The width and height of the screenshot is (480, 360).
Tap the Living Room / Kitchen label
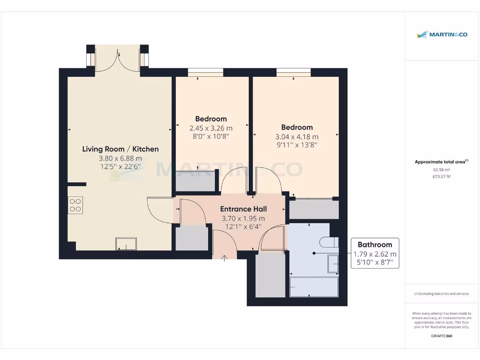click(x=120, y=149)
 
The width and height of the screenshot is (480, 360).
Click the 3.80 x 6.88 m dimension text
click(x=120, y=158)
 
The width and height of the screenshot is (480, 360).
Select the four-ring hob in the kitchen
click(x=75, y=204)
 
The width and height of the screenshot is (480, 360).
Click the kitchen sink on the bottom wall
click(x=126, y=244)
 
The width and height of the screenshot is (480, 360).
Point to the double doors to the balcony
click(x=117, y=60)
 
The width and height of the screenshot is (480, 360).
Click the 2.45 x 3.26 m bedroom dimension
click(x=211, y=128)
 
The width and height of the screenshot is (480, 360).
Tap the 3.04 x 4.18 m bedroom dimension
click(x=297, y=136)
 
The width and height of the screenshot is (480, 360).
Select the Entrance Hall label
click(x=243, y=209)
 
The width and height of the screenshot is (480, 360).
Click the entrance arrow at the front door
click(x=225, y=257)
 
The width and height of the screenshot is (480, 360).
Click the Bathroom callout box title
click(x=375, y=244)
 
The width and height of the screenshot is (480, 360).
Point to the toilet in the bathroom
click(x=328, y=242)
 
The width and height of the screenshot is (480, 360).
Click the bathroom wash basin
click(x=333, y=264)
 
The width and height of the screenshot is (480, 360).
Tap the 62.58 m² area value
click(x=442, y=170)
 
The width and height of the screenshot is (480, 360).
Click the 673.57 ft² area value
click(x=442, y=176)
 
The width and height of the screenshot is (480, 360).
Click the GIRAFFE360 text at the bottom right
click(x=442, y=336)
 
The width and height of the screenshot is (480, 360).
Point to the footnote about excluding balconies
click(x=442, y=294)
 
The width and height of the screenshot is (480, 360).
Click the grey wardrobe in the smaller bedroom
click(x=197, y=182)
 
